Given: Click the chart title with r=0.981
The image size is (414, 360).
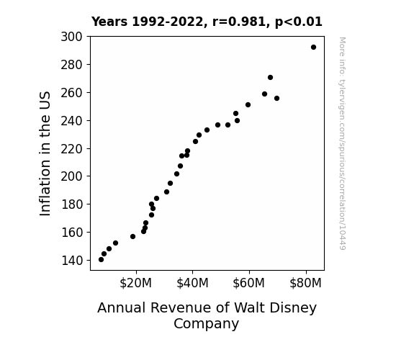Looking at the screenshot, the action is coord(207,22).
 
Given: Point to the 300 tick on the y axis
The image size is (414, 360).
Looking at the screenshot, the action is coord(71,37).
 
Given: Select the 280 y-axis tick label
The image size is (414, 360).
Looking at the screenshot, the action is coord(71,65).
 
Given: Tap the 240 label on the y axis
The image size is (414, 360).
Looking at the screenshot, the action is coord(71,121).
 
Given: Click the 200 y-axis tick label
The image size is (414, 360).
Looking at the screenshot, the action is coord(71,176).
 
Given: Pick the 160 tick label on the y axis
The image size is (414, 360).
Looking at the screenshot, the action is coord(72,233).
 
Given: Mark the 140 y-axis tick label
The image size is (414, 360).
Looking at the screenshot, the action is coord(72,261).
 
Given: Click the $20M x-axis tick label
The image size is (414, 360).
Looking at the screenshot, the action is coord(135,283).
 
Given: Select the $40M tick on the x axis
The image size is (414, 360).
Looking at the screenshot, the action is coord(192,283).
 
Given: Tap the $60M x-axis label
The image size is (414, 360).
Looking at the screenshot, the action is coord(248,283).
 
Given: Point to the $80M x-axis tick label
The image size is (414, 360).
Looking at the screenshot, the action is coord(305,283).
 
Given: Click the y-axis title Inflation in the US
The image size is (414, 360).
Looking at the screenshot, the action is coord(45,153).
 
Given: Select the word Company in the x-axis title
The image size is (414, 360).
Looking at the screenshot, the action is coord(206,324).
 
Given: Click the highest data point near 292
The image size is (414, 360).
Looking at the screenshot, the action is coord(313,48).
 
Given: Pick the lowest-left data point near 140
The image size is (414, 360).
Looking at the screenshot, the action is coord(101,260).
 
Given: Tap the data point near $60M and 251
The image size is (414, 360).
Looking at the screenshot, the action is coord(248,105).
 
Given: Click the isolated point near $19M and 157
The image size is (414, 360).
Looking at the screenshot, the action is coord(132,236).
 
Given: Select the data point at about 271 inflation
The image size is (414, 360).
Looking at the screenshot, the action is coord(270,77).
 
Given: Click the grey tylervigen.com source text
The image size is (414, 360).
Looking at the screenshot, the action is coord(342,143).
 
